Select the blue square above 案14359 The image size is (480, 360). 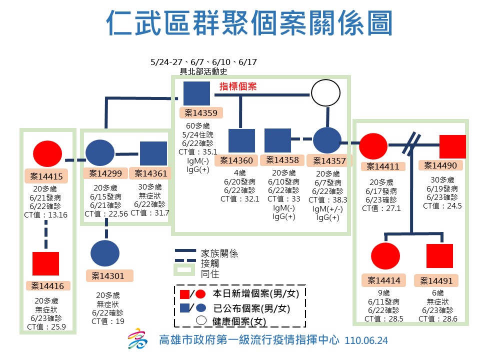(196, 93)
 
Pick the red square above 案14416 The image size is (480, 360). (45, 263)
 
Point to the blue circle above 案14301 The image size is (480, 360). (105, 253)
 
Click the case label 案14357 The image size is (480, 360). (328, 161)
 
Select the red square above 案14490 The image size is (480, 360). (452, 147)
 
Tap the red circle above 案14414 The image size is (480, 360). (385, 256)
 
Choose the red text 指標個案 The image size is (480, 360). (238, 86)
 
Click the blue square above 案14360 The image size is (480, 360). (241, 140)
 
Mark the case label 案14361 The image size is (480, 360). (148, 173)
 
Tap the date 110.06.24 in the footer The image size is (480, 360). (366, 340)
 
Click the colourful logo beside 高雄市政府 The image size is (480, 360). (137, 340)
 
